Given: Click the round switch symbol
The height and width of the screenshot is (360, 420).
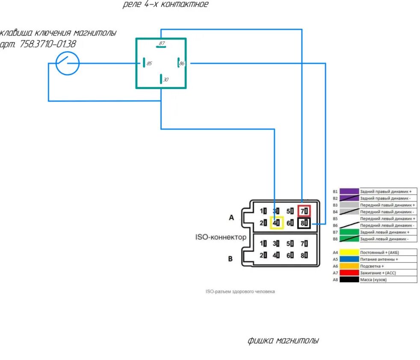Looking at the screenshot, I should click(68, 63).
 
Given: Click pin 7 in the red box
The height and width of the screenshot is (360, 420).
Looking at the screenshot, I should click(304, 211).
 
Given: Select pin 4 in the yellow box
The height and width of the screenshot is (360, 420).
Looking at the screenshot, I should click(277, 223).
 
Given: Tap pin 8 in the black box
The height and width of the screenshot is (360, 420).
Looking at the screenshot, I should click(304, 223).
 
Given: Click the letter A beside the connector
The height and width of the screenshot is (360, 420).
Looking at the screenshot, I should click(231, 217).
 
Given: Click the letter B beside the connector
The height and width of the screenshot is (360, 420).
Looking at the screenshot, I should click(230, 259).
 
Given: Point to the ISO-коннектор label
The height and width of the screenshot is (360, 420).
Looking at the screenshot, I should click(221, 237).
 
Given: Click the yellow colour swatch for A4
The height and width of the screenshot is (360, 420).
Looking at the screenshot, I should click(349, 252).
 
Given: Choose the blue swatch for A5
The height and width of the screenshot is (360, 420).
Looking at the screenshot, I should click(349, 259).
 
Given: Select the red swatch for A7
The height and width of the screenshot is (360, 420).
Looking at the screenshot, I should click(349, 273).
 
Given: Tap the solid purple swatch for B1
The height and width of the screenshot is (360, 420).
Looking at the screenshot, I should click(349, 191).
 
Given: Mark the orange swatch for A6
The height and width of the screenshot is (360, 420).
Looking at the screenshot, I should click(349, 266).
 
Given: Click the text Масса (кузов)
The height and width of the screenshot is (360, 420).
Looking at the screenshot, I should click(375, 280).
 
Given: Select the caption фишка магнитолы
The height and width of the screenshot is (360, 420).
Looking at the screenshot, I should click(283, 341).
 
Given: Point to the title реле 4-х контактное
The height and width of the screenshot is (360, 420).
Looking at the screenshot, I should click(166, 5).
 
